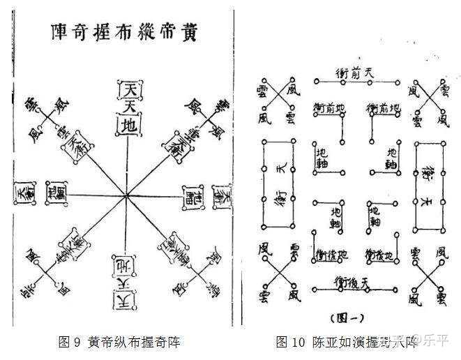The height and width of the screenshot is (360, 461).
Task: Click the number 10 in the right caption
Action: pos(300,342)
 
